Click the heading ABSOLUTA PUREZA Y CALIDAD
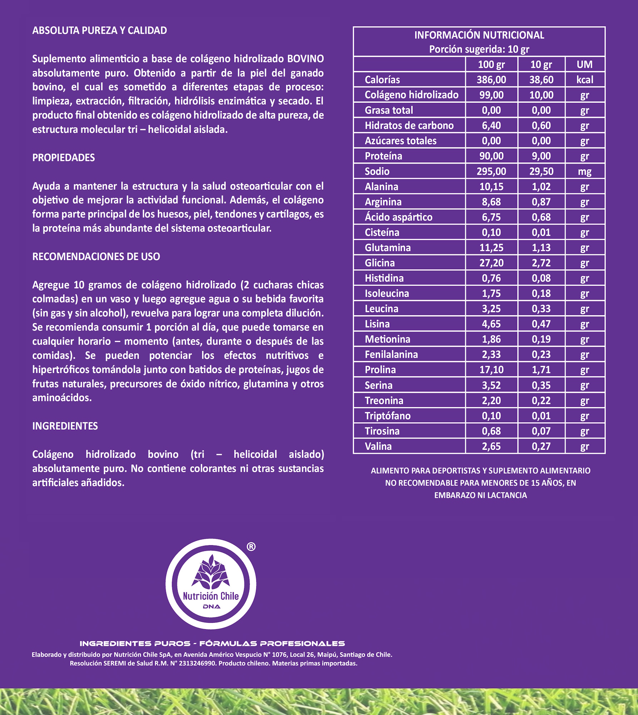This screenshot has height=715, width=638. [99, 30]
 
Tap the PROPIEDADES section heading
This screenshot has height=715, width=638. [64, 158]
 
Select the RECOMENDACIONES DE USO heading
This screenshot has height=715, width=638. [96, 256]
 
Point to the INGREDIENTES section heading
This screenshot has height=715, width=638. [65, 426]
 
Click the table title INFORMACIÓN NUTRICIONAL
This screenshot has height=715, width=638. [479, 35]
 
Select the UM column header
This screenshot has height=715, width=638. [584, 64]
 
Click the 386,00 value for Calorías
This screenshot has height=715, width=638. [491, 80]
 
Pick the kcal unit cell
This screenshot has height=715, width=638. [584, 80]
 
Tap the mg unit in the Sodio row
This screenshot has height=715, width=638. [584, 172]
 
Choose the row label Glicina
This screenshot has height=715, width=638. [380, 263]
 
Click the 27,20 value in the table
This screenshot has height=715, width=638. [491, 263]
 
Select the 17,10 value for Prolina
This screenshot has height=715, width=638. [491, 370]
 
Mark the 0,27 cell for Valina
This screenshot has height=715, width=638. [541, 446]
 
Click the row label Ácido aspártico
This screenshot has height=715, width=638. [398, 217]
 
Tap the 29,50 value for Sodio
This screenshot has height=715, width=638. [541, 172]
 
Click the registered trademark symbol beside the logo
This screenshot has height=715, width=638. [251, 547]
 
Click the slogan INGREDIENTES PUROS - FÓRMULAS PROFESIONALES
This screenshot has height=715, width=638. [212, 643]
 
